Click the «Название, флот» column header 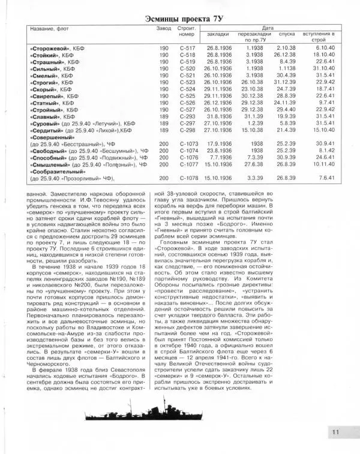(x=50, y=28)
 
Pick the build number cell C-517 (x=187, y=46)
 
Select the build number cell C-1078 (x=187, y=179)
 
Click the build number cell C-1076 (x=187, y=155)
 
